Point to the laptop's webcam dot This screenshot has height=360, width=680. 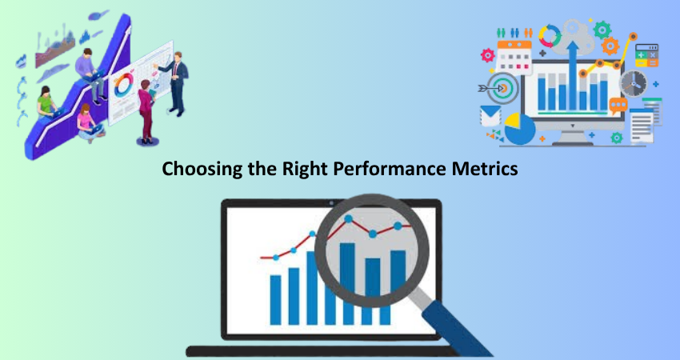click(x=331, y=202)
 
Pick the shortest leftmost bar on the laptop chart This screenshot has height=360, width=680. click(x=275, y=300)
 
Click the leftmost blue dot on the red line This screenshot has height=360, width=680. click(x=276, y=258)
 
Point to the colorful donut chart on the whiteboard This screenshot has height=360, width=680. click(x=123, y=84)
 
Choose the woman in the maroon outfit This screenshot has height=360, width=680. click(x=146, y=111)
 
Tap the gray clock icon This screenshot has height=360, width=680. click(x=633, y=83)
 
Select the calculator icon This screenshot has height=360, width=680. click(x=646, y=55)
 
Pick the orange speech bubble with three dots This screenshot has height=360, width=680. click(x=618, y=106)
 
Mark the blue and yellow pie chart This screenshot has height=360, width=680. click(x=520, y=129)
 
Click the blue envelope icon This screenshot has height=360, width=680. click(x=490, y=116)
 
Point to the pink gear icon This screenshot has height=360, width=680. click(x=488, y=55)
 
